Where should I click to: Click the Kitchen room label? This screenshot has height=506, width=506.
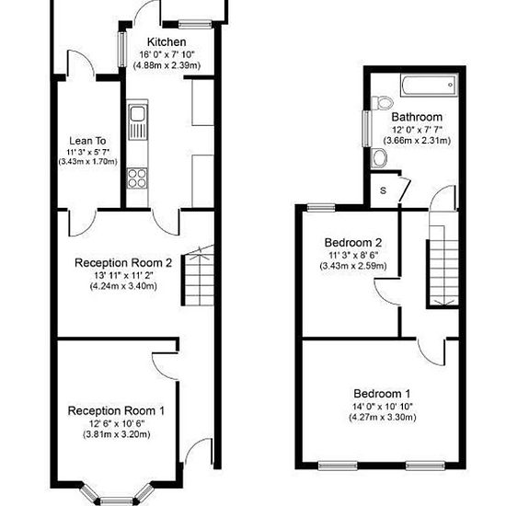tap(167, 42)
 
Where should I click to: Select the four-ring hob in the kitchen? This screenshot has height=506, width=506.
tap(137, 178)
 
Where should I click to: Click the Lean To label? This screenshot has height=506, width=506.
tap(87, 141)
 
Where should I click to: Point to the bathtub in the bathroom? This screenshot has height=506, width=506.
tap(430, 86)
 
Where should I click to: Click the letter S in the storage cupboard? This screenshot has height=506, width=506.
tap(383, 190)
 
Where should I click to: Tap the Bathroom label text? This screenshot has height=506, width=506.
tap(417, 117)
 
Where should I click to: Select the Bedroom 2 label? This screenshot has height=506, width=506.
tap(353, 242)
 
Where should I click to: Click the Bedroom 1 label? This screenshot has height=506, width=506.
tap(382, 394)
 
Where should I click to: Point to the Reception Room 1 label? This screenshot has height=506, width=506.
tap(116, 411)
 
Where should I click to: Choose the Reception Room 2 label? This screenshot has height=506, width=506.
tap(123, 263)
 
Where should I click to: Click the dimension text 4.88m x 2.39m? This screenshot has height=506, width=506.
tap(167, 65)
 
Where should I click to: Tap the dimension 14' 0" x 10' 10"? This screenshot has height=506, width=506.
tap(383, 407)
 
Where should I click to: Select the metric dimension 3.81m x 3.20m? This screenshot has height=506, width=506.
tap(117, 434)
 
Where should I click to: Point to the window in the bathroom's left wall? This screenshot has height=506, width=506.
tap(367, 129)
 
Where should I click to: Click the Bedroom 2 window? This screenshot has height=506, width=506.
tap(321, 207)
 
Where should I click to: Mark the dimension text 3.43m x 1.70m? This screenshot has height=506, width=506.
tap(87, 162)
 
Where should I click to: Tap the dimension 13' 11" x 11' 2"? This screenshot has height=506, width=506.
tap(123, 276)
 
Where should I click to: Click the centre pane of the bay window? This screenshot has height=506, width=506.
tap(117, 500)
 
